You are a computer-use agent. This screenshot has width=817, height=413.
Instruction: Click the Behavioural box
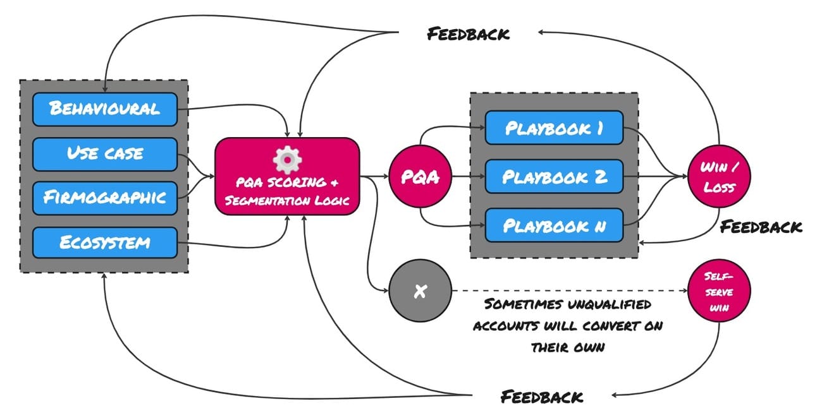104,108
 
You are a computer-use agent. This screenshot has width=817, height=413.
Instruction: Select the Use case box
104,153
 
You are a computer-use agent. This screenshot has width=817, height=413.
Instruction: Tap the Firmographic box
104,197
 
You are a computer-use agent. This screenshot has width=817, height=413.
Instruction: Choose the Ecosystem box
104,242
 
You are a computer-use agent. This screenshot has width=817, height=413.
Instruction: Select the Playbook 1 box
554,128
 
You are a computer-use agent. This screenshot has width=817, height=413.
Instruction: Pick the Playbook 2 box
554,176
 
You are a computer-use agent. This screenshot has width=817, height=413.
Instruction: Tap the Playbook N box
554,225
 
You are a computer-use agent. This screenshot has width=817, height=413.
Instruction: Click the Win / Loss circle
720,177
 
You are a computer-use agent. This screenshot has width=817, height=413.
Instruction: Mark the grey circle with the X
421,292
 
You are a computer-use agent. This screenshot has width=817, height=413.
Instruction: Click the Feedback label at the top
468,33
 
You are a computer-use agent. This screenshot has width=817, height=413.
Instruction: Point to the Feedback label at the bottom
542,397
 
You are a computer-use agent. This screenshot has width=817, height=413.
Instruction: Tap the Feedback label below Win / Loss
761,227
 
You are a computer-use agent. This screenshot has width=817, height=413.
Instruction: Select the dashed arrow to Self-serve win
569,292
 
